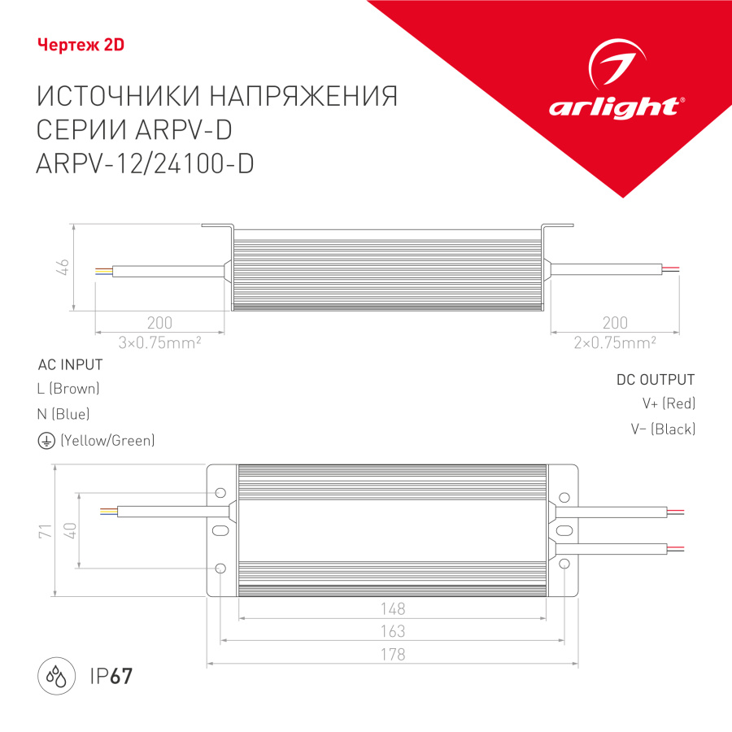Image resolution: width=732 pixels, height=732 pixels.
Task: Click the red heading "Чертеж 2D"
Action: click(81, 45)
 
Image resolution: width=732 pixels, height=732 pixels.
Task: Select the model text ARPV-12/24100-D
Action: click(146, 163)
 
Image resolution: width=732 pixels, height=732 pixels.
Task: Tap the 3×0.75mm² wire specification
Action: click(159, 343)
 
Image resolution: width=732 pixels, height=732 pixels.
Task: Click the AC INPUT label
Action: click(70, 364)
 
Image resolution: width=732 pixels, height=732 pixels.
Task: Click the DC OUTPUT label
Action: click(656, 380)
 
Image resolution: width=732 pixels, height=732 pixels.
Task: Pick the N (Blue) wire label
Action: click(63, 414)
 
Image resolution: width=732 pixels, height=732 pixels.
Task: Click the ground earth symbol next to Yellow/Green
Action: click(45, 440)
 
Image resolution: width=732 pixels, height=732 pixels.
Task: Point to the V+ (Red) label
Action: click(668, 403)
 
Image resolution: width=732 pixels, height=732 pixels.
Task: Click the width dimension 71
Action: click(46, 531)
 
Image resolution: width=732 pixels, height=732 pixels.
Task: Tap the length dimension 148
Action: click(392, 608)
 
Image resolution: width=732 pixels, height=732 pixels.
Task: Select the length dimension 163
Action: click(392, 631)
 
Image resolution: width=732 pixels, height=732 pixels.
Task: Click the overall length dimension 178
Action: click(392, 654)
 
